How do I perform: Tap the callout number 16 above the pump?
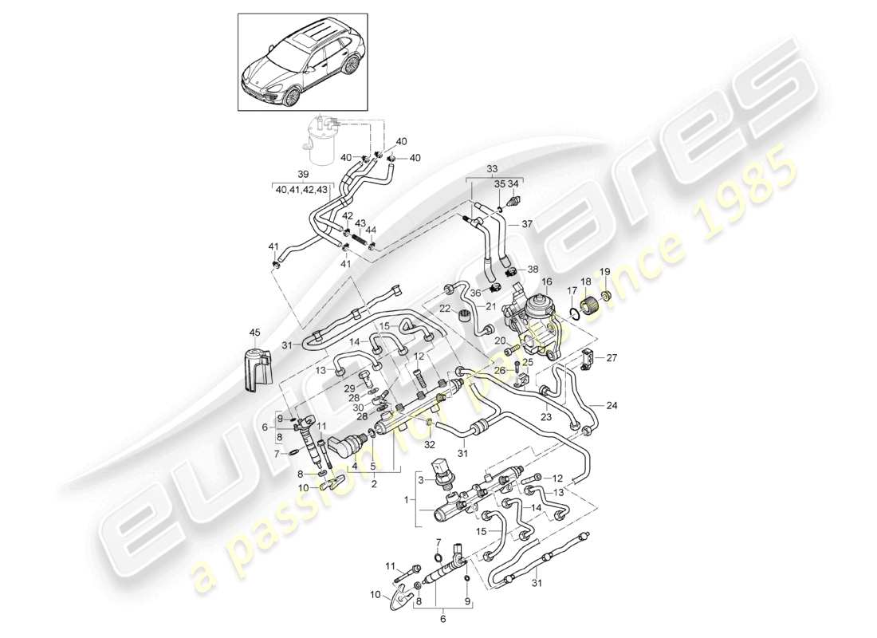click(547, 282)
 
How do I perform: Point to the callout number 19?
click(605, 271)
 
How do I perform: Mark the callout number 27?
click(612, 358)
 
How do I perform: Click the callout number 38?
click(533, 270)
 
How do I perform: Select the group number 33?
click(492, 169)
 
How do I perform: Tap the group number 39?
click(302, 173)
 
